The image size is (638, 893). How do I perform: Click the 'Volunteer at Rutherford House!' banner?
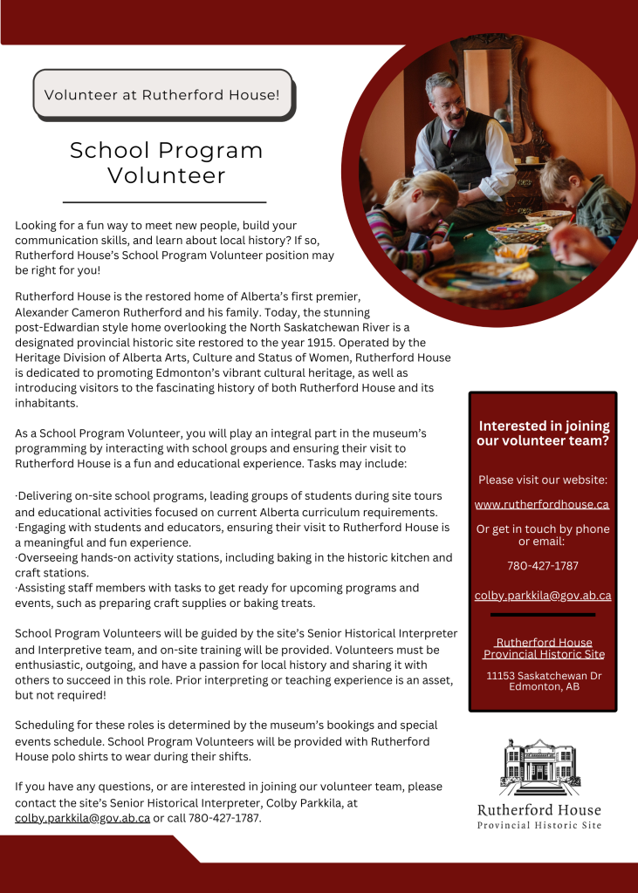(x=162, y=93)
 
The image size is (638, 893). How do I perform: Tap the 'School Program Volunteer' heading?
(x=166, y=162)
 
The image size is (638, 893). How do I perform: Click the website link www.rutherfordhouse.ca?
(x=541, y=504)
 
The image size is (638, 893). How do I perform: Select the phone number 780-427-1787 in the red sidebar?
(x=542, y=565)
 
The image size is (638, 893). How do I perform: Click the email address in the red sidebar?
(x=542, y=596)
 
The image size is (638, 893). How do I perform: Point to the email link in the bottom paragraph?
(x=82, y=818)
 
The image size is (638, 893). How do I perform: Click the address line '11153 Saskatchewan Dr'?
(x=543, y=676)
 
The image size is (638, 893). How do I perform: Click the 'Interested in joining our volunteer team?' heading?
(x=543, y=433)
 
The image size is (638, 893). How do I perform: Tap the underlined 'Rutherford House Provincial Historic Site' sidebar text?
(x=543, y=649)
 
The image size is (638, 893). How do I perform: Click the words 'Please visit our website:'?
(x=542, y=480)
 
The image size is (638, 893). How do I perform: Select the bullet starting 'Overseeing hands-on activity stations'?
(x=233, y=564)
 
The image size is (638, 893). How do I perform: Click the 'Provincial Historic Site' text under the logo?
(x=539, y=825)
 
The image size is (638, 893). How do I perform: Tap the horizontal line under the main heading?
(x=165, y=201)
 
